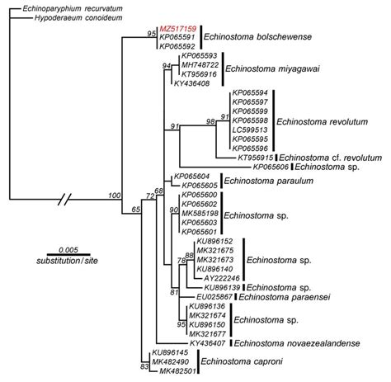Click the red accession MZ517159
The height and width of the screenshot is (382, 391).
(x=177, y=28)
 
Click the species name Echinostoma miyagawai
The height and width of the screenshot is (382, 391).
(x=251, y=69)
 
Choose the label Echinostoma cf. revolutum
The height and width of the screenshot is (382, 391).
(x=333, y=157)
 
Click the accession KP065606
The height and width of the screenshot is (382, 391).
(x=271, y=167)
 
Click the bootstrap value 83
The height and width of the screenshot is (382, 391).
(x=144, y=366)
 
